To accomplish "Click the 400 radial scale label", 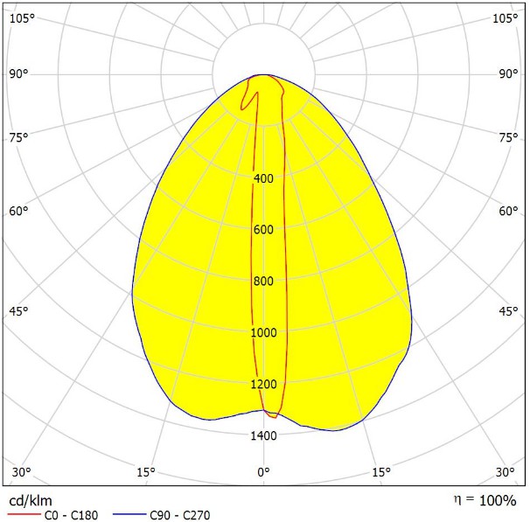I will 263,178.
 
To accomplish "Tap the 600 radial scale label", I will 263,230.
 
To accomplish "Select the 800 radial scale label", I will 263,282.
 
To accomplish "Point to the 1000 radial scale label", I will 263,333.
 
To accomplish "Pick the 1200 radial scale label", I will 263,385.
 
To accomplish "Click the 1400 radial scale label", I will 263,436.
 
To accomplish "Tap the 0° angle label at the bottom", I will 263,473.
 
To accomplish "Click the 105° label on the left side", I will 22,18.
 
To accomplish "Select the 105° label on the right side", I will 506,18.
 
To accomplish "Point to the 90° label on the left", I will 19,73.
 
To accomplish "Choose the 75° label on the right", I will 508,137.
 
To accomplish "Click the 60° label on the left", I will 19,211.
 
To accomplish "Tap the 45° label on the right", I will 508,312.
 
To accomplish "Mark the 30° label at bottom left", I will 22,473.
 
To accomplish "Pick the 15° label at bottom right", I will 381,473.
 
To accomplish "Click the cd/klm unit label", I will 30,501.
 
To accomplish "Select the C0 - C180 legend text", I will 71,515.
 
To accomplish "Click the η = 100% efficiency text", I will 485,500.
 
